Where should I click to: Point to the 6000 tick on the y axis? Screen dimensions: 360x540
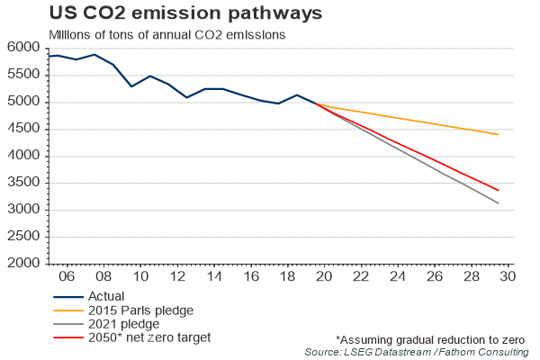click(24, 48)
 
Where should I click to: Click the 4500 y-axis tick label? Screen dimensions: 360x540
click(24, 129)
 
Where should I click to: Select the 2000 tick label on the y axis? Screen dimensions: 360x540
click(24, 264)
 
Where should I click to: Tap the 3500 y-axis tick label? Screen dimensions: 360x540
click(24, 183)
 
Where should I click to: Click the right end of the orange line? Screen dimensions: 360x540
click(499, 135)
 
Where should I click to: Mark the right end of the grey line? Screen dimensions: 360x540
click(499, 203)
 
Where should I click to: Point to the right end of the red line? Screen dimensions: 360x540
click(499, 190)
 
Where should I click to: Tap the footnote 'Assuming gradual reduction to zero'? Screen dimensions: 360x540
click(431, 338)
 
